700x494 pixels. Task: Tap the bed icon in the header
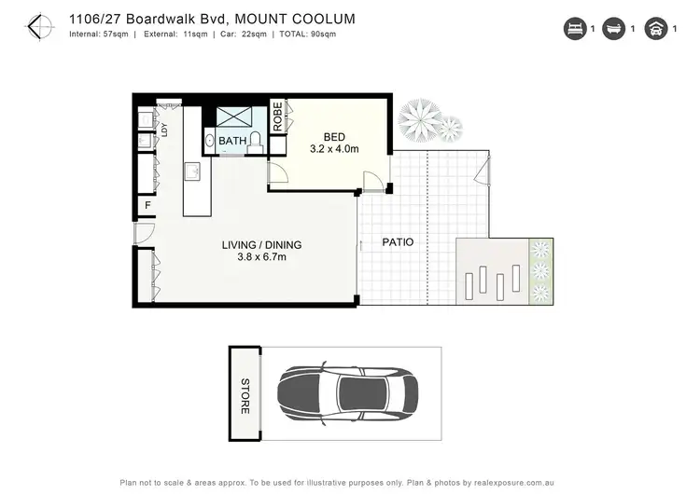pyautogui.click(x=573, y=30)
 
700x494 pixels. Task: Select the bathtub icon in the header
pyautogui.click(x=614, y=30)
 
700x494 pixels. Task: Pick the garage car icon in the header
pyautogui.click(x=656, y=30)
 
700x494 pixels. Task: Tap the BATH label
pyautogui.click(x=232, y=142)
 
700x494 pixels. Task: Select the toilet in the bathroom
pyautogui.click(x=255, y=140)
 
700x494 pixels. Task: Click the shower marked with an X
pyautogui.click(x=234, y=117)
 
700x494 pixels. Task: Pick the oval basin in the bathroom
pyautogui.click(x=210, y=142)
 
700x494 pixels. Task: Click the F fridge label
pyautogui.click(x=147, y=206)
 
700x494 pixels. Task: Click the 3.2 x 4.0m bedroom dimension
pyautogui.click(x=334, y=147)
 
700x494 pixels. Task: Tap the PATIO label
pyautogui.click(x=398, y=242)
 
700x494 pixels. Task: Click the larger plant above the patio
pyautogui.click(x=420, y=118)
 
